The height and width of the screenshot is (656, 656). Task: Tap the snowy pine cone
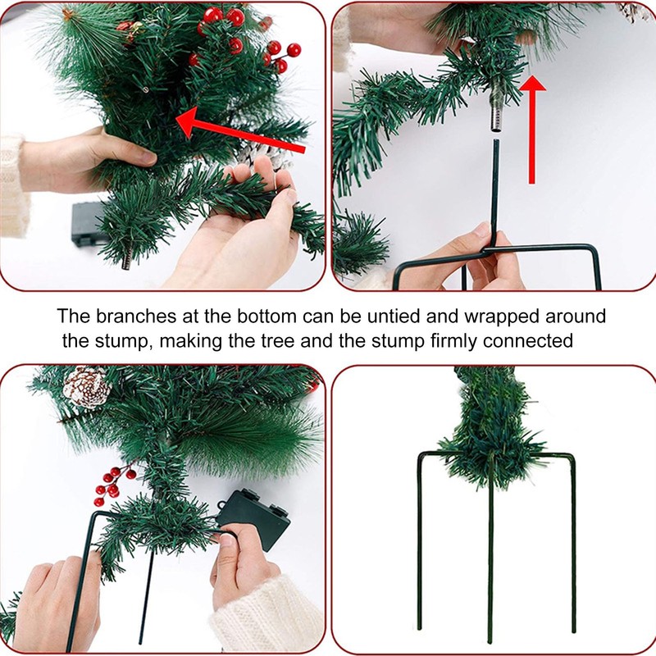pos(86,385)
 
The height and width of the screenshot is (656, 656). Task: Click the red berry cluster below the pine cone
pos(112,485)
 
